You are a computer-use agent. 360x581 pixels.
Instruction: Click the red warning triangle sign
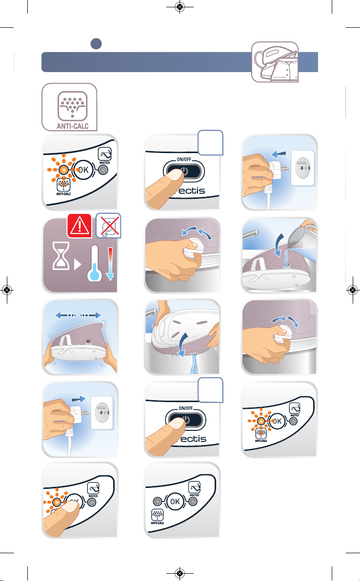point(80,226)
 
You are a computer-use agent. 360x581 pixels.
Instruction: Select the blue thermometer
point(94,263)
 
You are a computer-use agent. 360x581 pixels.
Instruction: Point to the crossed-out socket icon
point(108,225)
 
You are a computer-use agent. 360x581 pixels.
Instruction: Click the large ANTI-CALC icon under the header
point(69,107)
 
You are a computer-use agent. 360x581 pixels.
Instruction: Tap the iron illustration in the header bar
point(275,62)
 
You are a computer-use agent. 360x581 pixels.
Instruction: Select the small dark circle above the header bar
point(96,44)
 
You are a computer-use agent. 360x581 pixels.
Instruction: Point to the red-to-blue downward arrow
point(110,264)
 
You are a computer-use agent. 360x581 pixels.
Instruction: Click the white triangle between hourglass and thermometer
point(78,265)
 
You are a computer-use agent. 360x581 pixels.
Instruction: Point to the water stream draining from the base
point(193,365)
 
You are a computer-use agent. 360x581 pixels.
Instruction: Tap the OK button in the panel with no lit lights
point(175,502)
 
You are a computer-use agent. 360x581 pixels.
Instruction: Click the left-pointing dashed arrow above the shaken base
point(65,315)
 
